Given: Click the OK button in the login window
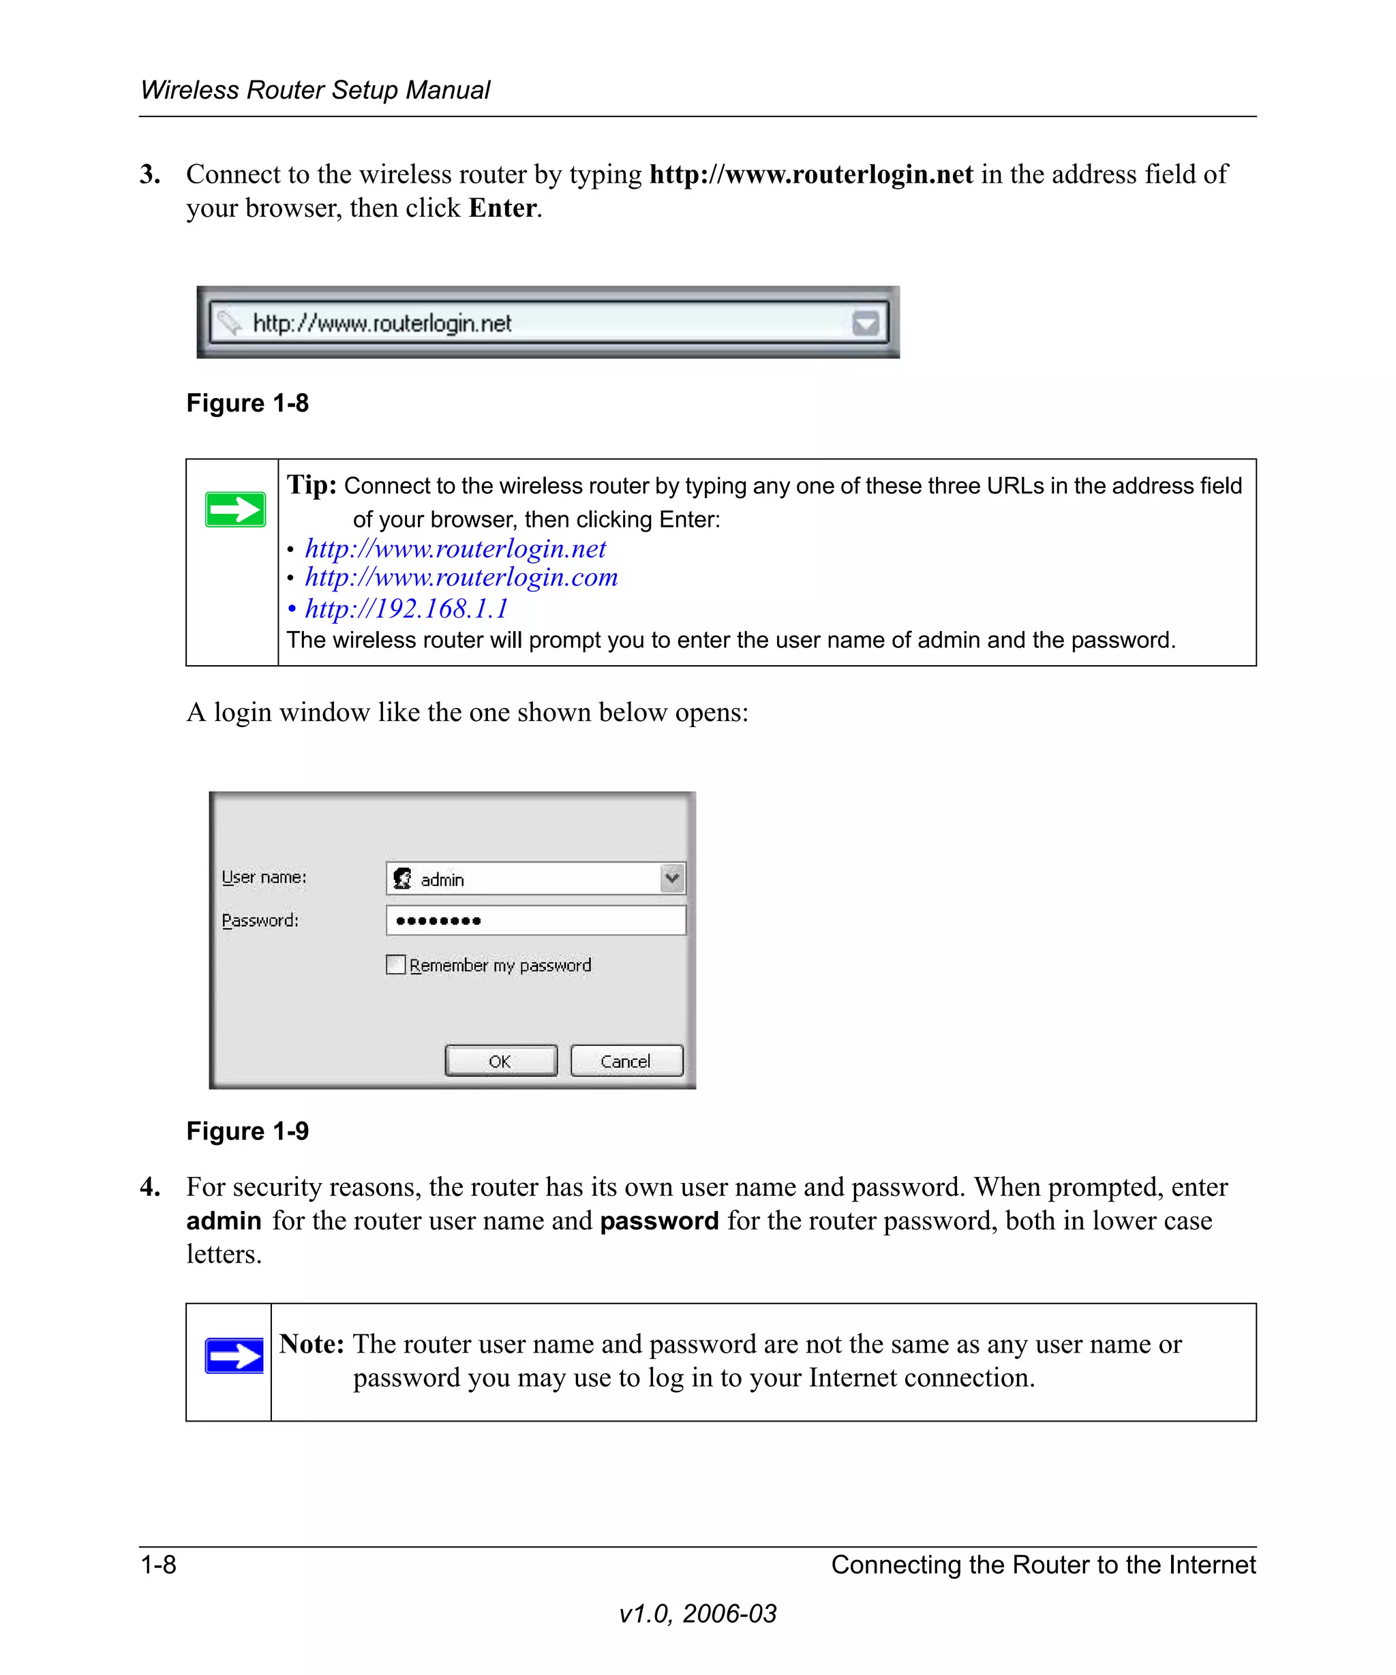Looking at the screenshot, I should pyautogui.click(x=500, y=1061).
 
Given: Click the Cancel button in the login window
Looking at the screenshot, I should pyautogui.click(x=626, y=1061).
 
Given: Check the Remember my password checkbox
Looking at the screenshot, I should pyautogui.click(x=395, y=964).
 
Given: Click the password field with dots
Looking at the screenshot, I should pyautogui.click(x=535, y=921).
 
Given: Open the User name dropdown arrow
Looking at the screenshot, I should pyautogui.click(x=673, y=878).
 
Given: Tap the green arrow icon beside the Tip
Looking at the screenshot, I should pyautogui.click(x=235, y=510).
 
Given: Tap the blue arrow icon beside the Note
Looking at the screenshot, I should pyautogui.click(x=234, y=1355).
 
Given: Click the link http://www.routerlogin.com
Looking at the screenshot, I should pyautogui.click(x=461, y=577).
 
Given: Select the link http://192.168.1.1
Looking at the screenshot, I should pyautogui.click(x=406, y=609).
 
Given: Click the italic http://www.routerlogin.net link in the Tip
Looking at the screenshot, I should pyautogui.click(x=455, y=549).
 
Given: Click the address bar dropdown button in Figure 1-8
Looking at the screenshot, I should pyautogui.click(x=866, y=323).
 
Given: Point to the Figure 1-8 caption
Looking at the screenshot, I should pyautogui.click(x=247, y=403).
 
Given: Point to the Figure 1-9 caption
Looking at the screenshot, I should pyautogui.click(x=247, y=1131).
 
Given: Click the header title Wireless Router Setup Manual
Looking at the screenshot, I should pyautogui.click(x=315, y=90).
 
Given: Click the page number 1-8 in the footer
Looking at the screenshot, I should pyautogui.click(x=159, y=1564).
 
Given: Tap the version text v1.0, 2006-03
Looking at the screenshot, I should pyautogui.click(x=697, y=1614).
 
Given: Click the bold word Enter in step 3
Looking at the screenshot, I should pyautogui.click(x=502, y=208).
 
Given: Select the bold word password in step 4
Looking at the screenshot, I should pyautogui.click(x=659, y=1221).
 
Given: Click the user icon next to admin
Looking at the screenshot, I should pyautogui.click(x=403, y=878).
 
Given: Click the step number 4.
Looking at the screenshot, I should pyautogui.click(x=150, y=1187).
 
